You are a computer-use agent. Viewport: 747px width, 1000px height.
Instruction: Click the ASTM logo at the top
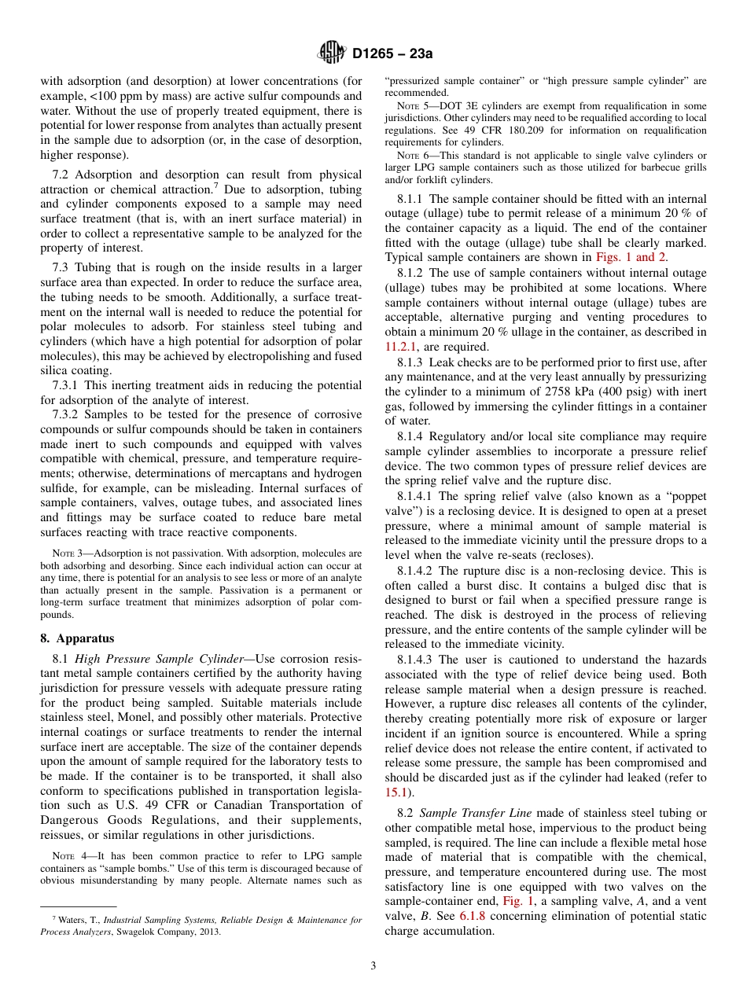tap(332, 53)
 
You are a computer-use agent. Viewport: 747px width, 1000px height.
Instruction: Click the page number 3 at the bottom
tap(373, 966)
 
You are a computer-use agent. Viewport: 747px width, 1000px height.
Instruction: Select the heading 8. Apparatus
tap(77, 638)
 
